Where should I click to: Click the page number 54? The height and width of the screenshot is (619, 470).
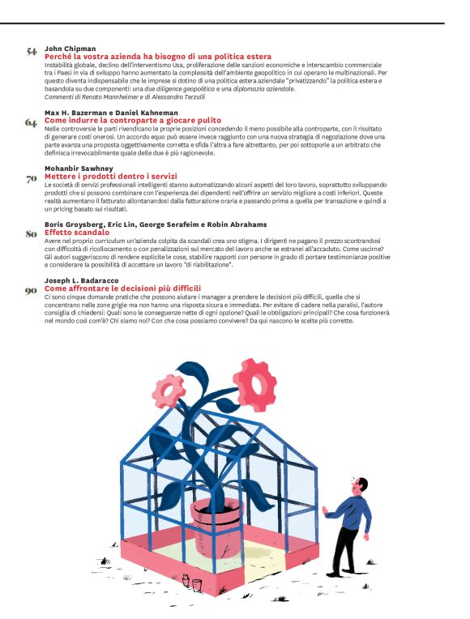32,53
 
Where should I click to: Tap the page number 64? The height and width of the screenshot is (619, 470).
32,122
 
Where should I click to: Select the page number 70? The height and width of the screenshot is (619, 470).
32,178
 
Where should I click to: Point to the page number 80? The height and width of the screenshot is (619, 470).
32,234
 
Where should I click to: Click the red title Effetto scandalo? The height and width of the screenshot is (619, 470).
78,232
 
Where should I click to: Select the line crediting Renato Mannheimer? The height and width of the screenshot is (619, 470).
113,96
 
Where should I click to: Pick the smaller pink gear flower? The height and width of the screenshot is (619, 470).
169,394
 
